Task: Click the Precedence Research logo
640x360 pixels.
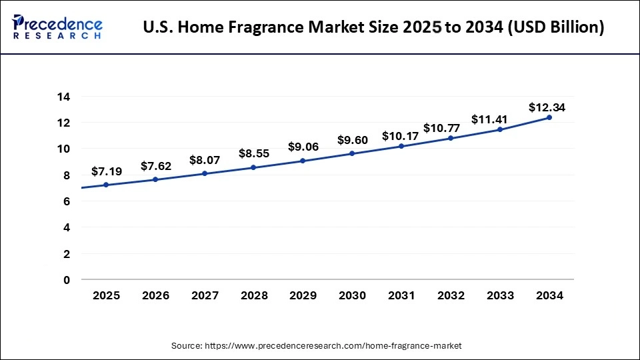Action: pos(57,27)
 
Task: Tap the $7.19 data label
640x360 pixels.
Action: pos(107,171)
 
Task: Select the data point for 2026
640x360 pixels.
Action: pos(156,179)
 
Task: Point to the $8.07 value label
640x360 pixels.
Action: pos(205,160)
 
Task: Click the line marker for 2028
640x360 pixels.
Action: pos(254,167)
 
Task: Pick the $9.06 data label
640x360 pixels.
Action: pos(303,147)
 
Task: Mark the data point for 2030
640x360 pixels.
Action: pos(353,153)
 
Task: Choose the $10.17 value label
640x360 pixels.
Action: pos(401,136)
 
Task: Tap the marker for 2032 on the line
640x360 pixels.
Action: pos(451,138)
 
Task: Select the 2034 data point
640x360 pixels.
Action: pos(549,117)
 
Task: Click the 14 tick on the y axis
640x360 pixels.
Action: pos(63,97)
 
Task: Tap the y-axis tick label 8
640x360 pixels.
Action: pos(66,175)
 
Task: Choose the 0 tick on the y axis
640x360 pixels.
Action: pos(66,280)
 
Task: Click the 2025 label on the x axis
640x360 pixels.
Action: pos(107,295)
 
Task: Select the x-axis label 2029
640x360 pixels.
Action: pos(303,295)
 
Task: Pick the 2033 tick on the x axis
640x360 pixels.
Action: pos(500,295)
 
